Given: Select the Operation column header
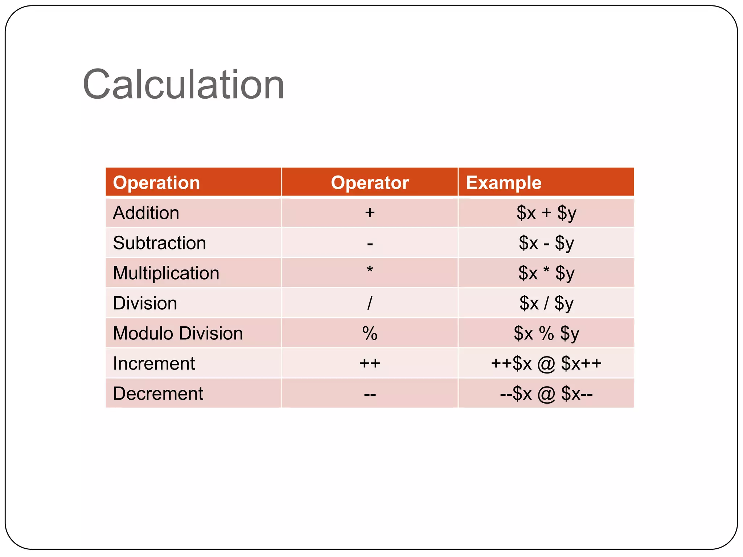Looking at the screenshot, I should (156, 182).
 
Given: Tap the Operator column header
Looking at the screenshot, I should (370, 182).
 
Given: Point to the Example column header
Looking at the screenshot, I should (504, 182).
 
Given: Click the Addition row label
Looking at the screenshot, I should (146, 213).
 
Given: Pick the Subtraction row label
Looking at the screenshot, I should (159, 243).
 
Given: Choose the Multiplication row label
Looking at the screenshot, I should (166, 273).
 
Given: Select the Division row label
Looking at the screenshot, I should (145, 303).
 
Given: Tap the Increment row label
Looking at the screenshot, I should (154, 363).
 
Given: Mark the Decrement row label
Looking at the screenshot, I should (158, 393).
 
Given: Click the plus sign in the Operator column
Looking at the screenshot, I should (370, 213).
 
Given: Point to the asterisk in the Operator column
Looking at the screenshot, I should (370, 270).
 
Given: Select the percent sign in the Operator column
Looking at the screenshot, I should (370, 333).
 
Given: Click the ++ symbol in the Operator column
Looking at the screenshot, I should (370, 363).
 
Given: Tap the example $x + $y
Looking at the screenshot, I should (546, 213).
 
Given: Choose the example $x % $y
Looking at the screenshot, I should (546, 333).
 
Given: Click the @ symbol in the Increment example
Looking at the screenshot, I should (546, 364).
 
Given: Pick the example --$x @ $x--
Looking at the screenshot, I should (546, 393).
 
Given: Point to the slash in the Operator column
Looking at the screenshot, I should (370, 303).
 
